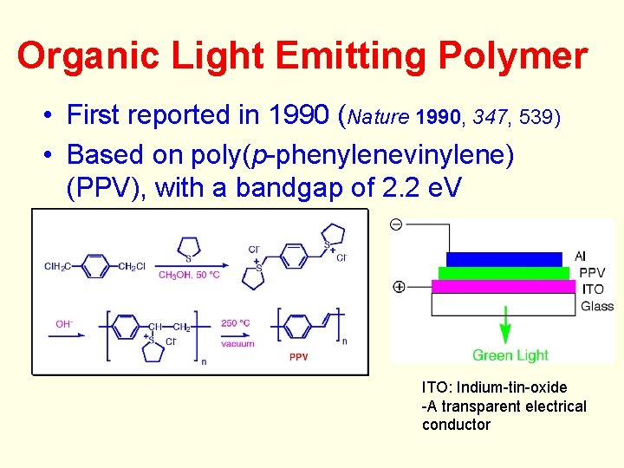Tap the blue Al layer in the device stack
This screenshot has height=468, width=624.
click(x=504, y=259)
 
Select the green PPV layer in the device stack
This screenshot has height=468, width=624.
click(x=504, y=273)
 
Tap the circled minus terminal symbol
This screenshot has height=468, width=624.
click(x=396, y=224)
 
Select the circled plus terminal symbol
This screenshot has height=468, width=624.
click(x=399, y=287)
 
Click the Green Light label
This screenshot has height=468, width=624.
click(x=510, y=355)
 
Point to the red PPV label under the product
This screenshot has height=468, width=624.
click(x=298, y=357)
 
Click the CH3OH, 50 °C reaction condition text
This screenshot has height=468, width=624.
click(x=189, y=275)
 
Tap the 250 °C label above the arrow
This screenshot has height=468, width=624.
click(x=236, y=323)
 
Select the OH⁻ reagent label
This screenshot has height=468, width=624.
click(x=64, y=324)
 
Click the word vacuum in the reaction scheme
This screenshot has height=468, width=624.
click(x=237, y=343)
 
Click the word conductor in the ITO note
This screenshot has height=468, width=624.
click(x=456, y=425)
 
